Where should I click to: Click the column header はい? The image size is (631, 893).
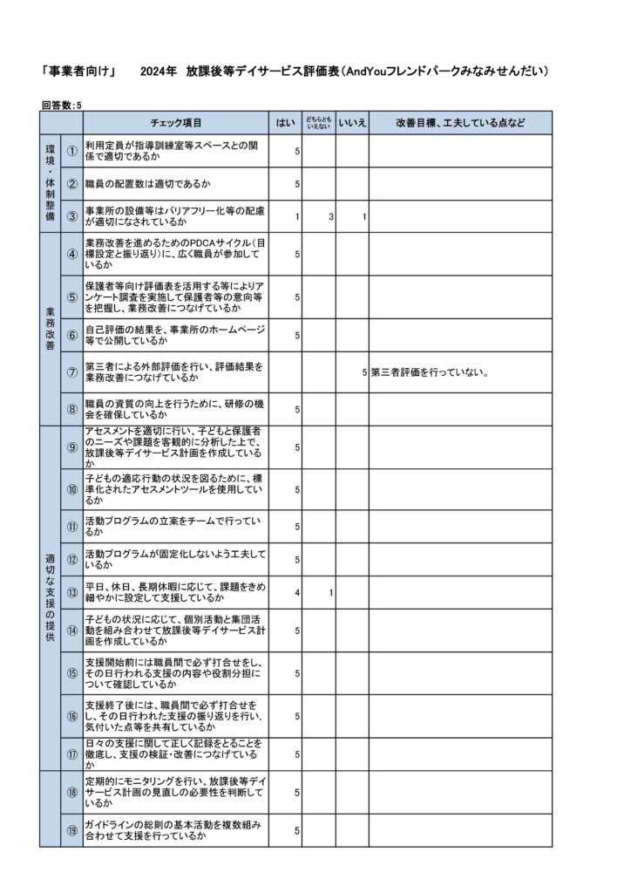[285, 123]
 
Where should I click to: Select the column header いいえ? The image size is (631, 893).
[352, 123]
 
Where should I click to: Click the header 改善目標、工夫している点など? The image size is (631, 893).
[460, 123]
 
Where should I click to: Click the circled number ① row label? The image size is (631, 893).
[72, 151]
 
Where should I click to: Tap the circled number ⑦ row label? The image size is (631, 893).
[72, 372]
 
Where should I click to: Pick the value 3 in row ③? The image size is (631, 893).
[331, 216]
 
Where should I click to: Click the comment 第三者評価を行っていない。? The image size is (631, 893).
[429, 372]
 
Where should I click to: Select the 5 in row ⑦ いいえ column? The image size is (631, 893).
[364, 372]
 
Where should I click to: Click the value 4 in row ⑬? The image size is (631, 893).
[297, 593]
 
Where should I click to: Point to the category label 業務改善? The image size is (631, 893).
[50, 329]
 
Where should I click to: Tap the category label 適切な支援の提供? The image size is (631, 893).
[50, 597]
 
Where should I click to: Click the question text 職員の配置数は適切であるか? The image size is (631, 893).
[147, 184]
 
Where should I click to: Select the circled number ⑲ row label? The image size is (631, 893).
[72, 830]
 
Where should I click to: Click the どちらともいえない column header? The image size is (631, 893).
[318, 123]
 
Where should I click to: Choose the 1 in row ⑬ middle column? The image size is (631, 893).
[331, 593]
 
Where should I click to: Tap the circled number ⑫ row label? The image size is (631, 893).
[72, 560]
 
